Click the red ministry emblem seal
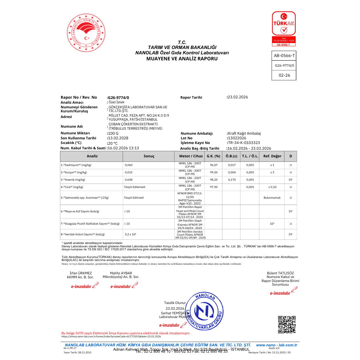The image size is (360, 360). [x=86, y=33]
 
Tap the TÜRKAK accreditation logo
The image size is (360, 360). [x=284, y=24]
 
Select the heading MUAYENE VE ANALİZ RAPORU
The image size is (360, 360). [x=182, y=59]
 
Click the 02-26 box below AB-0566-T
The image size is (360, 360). [x=284, y=75]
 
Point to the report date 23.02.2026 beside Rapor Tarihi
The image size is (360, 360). [x=237, y=97]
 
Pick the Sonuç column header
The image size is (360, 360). [x=149, y=156]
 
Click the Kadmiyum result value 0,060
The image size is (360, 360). [x=128, y=165]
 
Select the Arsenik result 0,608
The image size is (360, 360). [x=128, y=180]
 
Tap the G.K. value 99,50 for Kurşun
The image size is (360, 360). [x=214, y=172]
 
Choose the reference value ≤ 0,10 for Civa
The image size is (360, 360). [x=272, y=187]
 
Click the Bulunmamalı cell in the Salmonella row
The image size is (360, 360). [x=272, y=198]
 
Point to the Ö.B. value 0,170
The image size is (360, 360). [x=232, y=180]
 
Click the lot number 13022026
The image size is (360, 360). [x=237, y=138]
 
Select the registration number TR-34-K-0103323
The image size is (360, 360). [x=244, y=143]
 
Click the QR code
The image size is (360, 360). [x=287, y=324]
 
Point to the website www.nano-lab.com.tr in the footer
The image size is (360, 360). [x=276, y=345]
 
